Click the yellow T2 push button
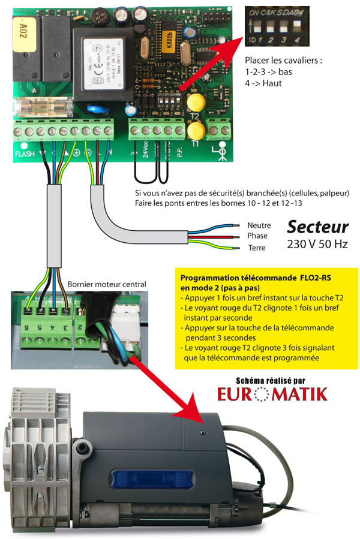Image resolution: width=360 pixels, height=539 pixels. pyautogui.click(x=194, y=104)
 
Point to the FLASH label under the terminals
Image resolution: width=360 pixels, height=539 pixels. pyautogui.click(x=24, y=154)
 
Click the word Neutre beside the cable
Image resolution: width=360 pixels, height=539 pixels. pyautogui.click(x=259, y=225)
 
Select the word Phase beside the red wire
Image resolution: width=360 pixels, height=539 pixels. pyautogui.click(x=257, y=236)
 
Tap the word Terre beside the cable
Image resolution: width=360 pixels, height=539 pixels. pyautogui.click(x=257, y=248)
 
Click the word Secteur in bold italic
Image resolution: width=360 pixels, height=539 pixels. pyautogui.click(x=317, y=227)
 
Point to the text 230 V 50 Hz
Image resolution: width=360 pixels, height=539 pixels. pyautogui.click(x=317, y=244)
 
